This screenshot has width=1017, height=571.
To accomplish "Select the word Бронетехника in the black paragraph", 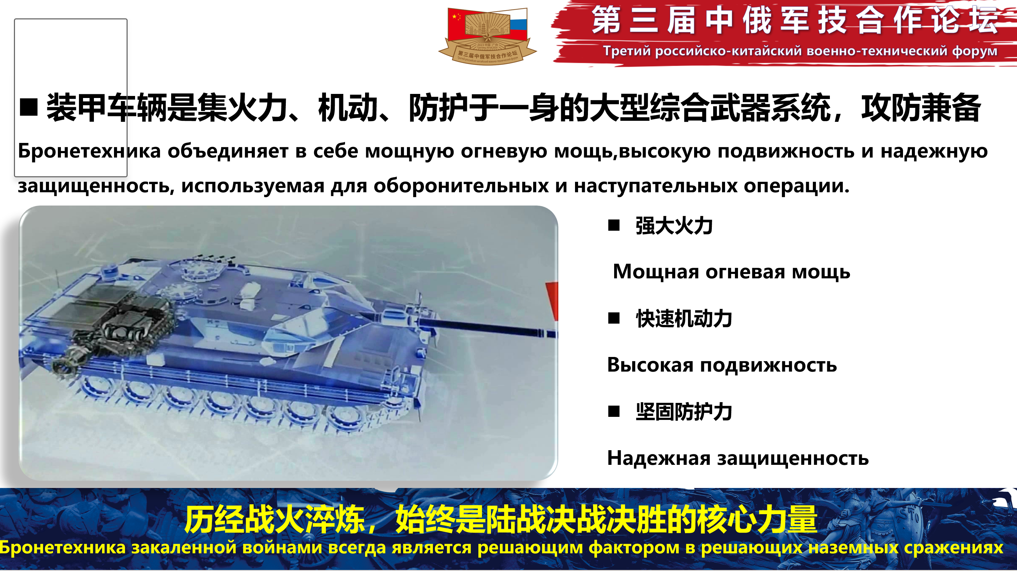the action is [89, 151].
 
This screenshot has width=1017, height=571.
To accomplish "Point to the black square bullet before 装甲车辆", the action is [29, 107].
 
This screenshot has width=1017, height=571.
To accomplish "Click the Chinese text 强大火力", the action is [674, 226].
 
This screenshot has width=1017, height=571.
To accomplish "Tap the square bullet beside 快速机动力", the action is [614, 318].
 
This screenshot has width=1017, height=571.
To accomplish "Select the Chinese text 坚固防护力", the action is [684, 412].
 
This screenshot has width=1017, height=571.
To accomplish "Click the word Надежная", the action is [659, 458].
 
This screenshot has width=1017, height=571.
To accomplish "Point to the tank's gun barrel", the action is [486, 327].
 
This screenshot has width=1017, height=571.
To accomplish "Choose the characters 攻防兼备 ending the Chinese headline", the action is [921, 108].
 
